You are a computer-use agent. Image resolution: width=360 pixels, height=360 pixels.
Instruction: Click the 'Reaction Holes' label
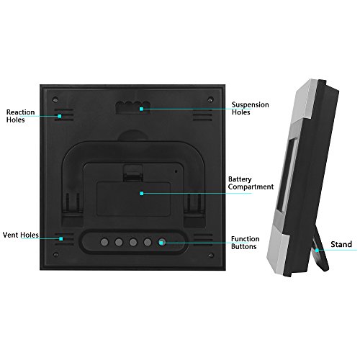coord(20,116)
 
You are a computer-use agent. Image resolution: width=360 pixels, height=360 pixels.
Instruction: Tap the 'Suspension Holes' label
coord(250,109)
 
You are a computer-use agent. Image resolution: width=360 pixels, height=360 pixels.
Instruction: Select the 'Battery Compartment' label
coord(251,183)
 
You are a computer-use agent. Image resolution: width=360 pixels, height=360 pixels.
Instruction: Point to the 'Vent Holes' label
coord(21,235)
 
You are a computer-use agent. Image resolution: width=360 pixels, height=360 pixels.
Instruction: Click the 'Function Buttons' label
coord(245,243)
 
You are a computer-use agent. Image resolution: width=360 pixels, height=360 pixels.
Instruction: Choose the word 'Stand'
coord(341,244)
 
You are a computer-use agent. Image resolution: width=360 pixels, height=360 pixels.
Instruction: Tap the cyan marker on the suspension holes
coord(141,109)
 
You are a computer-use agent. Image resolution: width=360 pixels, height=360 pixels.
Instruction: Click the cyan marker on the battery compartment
coord(142,194)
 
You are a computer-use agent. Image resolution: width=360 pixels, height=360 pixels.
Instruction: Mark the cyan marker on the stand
coord(317,251)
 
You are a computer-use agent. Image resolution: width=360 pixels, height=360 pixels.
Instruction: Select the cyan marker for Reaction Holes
coord(60,116)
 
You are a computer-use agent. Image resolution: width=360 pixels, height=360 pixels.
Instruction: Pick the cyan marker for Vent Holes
coord(61,239)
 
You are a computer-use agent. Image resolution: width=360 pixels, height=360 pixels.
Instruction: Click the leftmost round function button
coord(104,242)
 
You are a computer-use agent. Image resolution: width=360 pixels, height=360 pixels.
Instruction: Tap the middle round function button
coord(133,242)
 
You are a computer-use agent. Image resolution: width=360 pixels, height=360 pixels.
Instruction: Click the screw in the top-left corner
coord(55,99)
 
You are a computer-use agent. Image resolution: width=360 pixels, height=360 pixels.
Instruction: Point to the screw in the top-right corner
coord(210,99)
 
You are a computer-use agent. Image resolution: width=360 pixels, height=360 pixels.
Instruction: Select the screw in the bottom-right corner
coord(211,255)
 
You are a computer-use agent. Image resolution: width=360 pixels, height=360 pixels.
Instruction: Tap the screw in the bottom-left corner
coord(55,254)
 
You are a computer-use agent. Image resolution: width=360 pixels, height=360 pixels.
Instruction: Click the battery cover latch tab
coord(133,173)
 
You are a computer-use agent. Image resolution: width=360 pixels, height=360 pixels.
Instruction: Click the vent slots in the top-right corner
coord(202,114)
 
